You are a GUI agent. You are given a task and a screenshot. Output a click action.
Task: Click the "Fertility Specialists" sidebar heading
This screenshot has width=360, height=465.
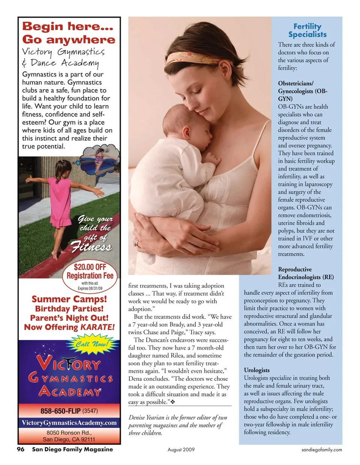pyautogui.click(x=307, y=30)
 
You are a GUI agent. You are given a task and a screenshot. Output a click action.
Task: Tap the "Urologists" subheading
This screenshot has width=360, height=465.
pyautogui.click(x=257, y=370)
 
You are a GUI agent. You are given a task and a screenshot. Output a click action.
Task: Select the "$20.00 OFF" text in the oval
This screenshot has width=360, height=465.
pyautogui.click(x=90, y=267)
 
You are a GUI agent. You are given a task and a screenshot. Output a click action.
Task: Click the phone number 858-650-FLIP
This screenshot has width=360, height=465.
pyautogui.click(x=61, y=411)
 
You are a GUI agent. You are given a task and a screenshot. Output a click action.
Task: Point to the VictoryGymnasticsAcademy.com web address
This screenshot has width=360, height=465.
pyautogui.click(x=69, y=423)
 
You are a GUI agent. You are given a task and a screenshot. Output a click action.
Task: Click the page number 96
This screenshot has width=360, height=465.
pyautogui.click(x=21, y=449)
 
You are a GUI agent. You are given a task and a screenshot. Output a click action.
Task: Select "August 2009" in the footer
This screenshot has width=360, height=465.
pyautogui.click(x=181, y=450)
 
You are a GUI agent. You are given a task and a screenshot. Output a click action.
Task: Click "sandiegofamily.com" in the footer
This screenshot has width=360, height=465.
pyautogui.click(x=322, y=450)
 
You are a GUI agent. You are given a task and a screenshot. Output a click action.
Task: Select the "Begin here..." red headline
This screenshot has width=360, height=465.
pyautogui.click(x=67, y=27)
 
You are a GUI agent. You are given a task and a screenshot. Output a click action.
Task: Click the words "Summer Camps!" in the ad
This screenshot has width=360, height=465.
pyautogui.click(x=69, y=299)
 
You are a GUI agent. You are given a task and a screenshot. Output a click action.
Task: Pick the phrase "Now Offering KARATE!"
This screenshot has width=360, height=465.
pyautogui.click(x=69, y=327)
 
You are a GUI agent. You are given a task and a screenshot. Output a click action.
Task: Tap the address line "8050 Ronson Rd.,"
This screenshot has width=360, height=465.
pyautogui.click(x=69, y=432)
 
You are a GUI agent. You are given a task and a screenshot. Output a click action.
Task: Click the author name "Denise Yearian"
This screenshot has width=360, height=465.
pyautogui.click(x=147, y=418)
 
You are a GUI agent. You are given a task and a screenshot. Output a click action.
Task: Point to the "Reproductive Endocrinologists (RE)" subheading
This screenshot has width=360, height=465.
pyautogui.click(x=306, y=273)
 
